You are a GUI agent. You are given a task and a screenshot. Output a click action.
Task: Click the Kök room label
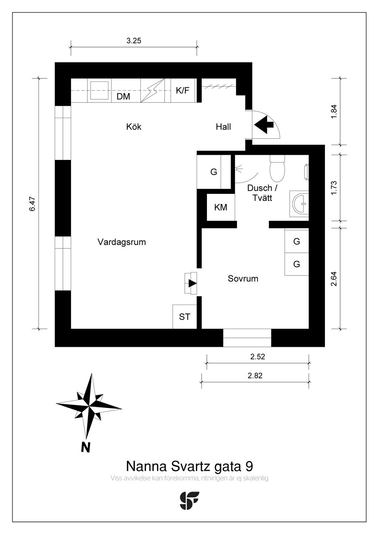tap(134, 127)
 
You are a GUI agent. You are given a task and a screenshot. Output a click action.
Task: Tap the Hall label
tap(223, 127)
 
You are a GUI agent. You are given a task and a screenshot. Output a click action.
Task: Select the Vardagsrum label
tap(121, 242)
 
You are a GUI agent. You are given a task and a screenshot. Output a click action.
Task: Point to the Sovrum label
tap(243, 278)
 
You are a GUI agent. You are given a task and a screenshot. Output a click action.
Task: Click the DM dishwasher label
tap(123, 97)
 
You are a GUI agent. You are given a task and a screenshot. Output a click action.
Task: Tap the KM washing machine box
tap(221, 207)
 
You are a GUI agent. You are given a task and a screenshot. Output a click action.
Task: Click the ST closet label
tap(184, 316)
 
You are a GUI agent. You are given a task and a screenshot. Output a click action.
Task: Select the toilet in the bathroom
tap(277, 168)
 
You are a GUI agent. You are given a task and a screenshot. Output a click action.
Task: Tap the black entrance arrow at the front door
tap(264, 124)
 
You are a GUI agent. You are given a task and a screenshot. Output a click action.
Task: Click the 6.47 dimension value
tap(32, 204)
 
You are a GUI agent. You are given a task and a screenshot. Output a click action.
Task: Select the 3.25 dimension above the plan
tap(134, 41)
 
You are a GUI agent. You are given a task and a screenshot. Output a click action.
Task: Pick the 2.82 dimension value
tap(255, 375)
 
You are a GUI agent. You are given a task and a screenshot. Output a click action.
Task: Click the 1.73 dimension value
tap(334, 188)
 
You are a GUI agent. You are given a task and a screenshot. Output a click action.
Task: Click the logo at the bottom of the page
tap(189, 500)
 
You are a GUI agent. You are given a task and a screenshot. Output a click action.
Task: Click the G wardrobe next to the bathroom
tap(214, 172)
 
